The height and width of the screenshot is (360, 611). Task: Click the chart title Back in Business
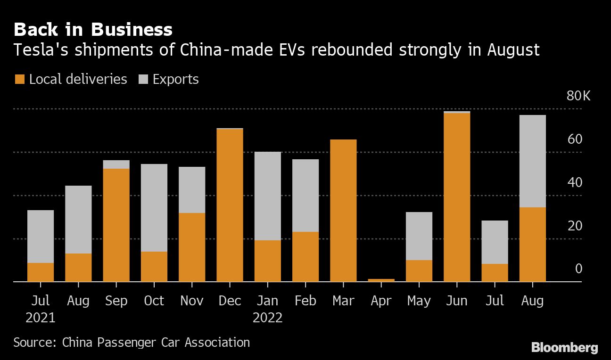(x=93, y=29)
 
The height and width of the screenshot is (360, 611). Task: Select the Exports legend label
(x=175, y=79)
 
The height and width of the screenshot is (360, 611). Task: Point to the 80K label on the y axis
(x=578, y=96)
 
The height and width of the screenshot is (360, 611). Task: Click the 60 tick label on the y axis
(x=575, y=139)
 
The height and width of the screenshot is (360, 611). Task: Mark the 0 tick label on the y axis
(x=578, y=269)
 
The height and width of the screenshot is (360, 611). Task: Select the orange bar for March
(x=343, y=211)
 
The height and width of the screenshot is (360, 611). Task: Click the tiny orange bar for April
(x=381, y=280)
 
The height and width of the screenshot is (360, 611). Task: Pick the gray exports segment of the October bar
(x=154, y=208)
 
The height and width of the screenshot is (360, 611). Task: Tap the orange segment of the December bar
(x=230, y=205)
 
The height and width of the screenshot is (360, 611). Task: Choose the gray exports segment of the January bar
(x=267, y=196)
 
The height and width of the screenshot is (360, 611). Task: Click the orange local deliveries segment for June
(x=457, y=197)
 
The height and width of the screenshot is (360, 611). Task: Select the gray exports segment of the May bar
(x=419, y=236)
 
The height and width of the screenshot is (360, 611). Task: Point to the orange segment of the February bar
(x=305, y=257)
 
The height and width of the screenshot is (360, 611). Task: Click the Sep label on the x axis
(x=116, y=301)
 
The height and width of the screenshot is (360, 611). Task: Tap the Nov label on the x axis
(x=192, y=301)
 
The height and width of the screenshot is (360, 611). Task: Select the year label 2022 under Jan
(x=267, y=318)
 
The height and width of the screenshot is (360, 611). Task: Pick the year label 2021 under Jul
(x=41, y=318)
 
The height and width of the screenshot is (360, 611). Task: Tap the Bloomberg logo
(x=564, y=348)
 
